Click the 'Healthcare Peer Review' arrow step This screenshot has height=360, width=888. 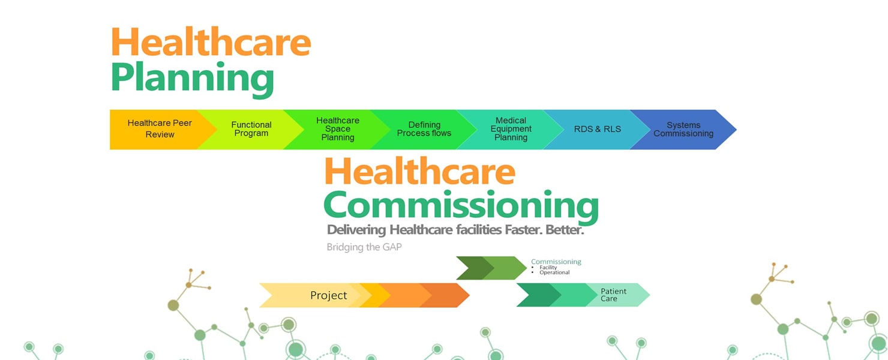[160, 129]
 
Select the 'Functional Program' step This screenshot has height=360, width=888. [251, 129]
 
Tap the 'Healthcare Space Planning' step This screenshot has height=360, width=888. [338, 129]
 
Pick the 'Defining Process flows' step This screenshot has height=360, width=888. [424, 129]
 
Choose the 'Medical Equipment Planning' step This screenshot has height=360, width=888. [511, 129]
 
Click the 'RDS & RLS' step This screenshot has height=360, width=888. [598, 129]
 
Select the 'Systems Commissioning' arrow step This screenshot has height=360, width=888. [683, 129]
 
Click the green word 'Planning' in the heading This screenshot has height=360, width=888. [193, 80]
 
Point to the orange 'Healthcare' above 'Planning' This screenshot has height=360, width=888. [211, 41]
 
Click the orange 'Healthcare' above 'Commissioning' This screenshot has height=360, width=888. [420, 171]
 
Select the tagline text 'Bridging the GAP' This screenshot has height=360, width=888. [364, 247]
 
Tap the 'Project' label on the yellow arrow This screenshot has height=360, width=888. [329, 295]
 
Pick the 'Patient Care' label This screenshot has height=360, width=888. [613, 295]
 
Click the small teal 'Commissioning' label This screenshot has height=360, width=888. [556, 262]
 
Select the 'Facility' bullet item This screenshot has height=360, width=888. [548, 267]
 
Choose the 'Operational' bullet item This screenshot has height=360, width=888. [554, 272]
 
